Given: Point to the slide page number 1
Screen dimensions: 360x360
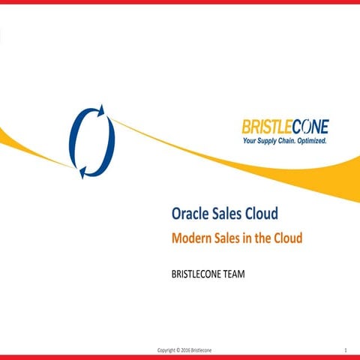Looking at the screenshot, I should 344,350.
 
